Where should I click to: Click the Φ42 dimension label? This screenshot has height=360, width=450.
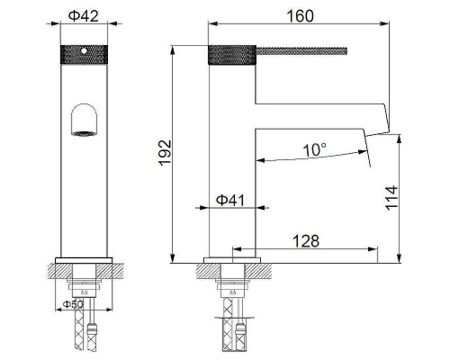click(x=85, y=14)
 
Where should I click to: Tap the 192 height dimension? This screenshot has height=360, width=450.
click(x=160, y=149)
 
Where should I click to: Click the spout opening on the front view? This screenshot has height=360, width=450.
click(x=85, y=121)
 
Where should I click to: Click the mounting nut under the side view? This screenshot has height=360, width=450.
click(x=232, y=291)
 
